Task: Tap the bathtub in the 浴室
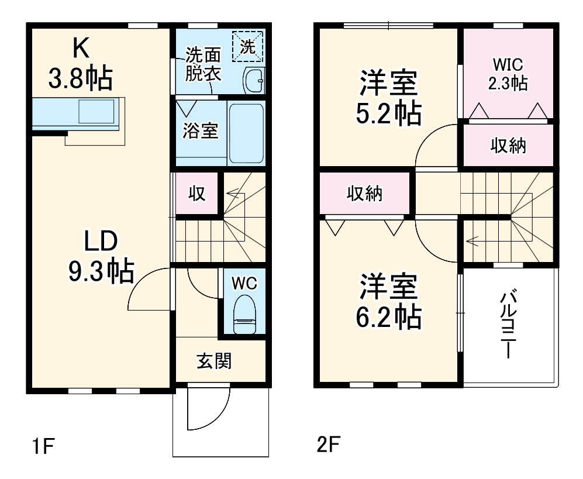[246, 133]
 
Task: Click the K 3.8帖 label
[80, 64]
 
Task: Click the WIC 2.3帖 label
[508, 73]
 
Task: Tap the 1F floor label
[43, 447]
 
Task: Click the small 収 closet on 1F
[197, 194]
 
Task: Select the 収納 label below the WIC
[508, 146]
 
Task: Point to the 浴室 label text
[201, 131]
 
